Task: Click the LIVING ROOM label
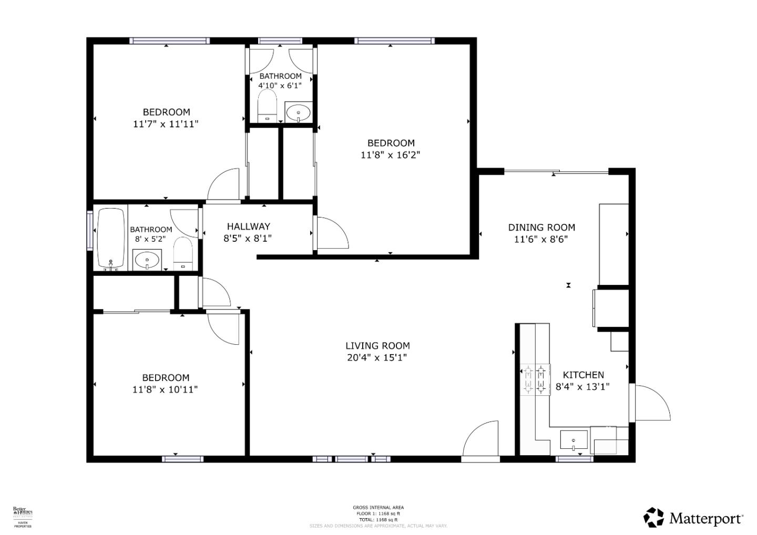click(377, 346)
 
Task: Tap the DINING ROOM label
click(541, 228)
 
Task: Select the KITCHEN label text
click(583, 375)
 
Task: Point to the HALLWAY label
click(248, 227)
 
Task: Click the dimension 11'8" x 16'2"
click(391, 155)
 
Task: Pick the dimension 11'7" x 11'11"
click(166, 124)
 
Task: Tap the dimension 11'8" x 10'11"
click(166, 389)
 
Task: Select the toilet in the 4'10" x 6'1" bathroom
click(268, 106)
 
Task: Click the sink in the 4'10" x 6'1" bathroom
click(299, 112)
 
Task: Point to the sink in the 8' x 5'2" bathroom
click(147, 260)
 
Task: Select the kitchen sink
click(574, 439)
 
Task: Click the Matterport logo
click(693, 518)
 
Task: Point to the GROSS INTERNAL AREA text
click(378, 508)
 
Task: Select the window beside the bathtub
click(89, 230)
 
